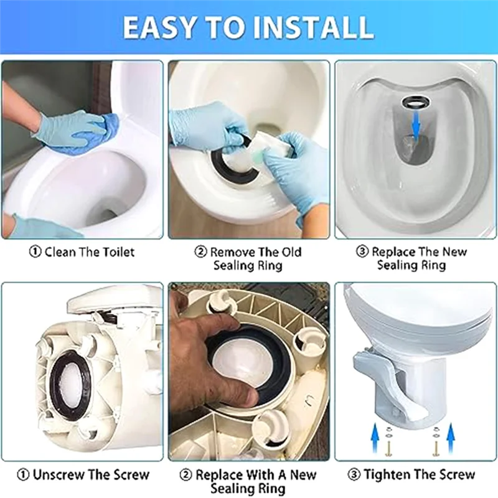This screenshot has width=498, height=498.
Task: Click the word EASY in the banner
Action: pos(159,27)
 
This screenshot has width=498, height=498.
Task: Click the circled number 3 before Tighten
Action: pos(354,475)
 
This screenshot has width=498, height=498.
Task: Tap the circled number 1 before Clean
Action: pos(35,252)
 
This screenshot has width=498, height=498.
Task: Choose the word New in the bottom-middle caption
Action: pos(303,475)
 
